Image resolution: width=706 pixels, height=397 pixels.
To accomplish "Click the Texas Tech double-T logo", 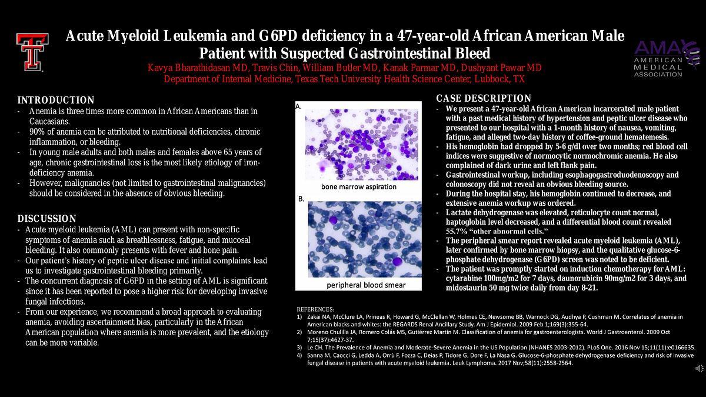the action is [x=32, y=52].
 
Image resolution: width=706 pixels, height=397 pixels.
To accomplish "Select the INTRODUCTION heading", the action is [x=56, y=100].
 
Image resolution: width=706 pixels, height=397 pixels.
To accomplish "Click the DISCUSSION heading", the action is [x=46, y=218].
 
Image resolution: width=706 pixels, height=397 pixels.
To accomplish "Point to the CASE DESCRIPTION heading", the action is [x=484, y=98].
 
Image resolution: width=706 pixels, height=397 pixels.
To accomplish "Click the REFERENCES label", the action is [x=315, y=309].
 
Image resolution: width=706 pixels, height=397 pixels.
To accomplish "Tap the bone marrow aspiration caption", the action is [x=359, y=186].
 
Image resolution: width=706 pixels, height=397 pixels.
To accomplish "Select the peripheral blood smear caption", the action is [x=366, y=285].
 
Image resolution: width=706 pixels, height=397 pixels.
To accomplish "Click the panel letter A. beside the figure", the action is [x=298, y=106].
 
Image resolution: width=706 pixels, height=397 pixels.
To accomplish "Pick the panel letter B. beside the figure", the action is [x=301, y=199].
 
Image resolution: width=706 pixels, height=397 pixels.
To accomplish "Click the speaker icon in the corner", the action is [x=699, y=368].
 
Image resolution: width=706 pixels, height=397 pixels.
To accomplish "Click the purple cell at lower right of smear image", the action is [x=397, y=261].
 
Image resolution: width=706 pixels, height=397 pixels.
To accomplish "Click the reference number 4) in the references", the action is [x=299, y=355].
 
